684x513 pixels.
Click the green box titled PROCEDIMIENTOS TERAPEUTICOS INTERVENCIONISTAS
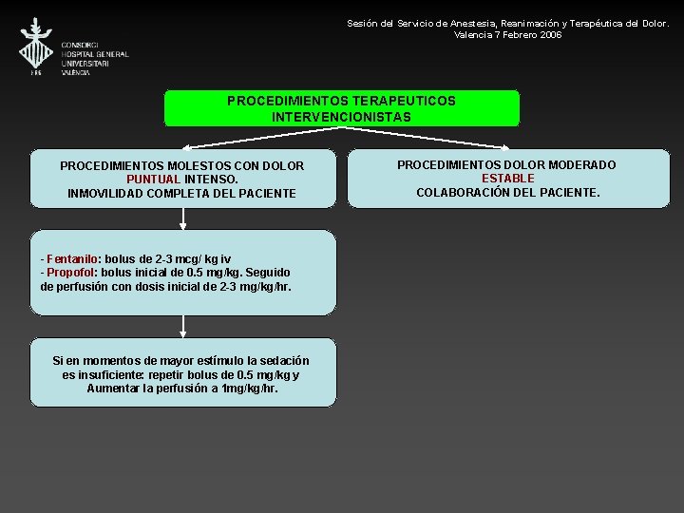pos(341,108)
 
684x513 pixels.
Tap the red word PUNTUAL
pos(153,179)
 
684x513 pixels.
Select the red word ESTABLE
pos(507,179)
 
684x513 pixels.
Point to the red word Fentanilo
pos(72,258)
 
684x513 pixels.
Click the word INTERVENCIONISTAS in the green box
pos(341,117)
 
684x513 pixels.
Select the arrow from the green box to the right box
pos(427,137)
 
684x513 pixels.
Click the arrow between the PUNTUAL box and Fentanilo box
pos(182,218)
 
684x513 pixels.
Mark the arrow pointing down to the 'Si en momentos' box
pos(182,326)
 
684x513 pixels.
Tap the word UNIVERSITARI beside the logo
pos(85,64)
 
